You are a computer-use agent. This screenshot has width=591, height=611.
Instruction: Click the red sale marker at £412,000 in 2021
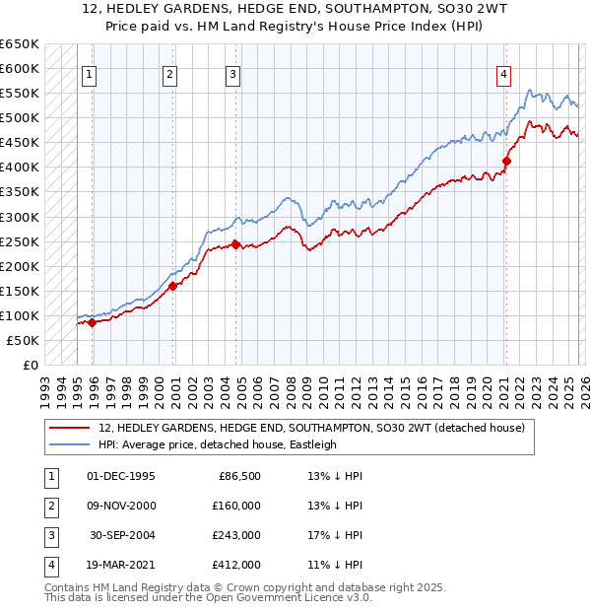tap(506, 161)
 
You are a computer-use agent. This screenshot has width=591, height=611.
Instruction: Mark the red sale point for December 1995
tap(92, 322)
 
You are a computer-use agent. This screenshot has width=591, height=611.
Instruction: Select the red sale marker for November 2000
tap(172, 286)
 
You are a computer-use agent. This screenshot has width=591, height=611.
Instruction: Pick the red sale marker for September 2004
tap(236, 244)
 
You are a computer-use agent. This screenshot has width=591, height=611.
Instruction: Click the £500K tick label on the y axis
tap(20, 118)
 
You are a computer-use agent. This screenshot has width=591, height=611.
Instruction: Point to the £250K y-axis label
tap(20, 241)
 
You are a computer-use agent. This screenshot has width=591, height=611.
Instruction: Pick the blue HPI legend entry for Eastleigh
tap(218, 444)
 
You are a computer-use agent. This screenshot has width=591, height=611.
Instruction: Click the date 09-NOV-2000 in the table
tap(121, 506)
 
